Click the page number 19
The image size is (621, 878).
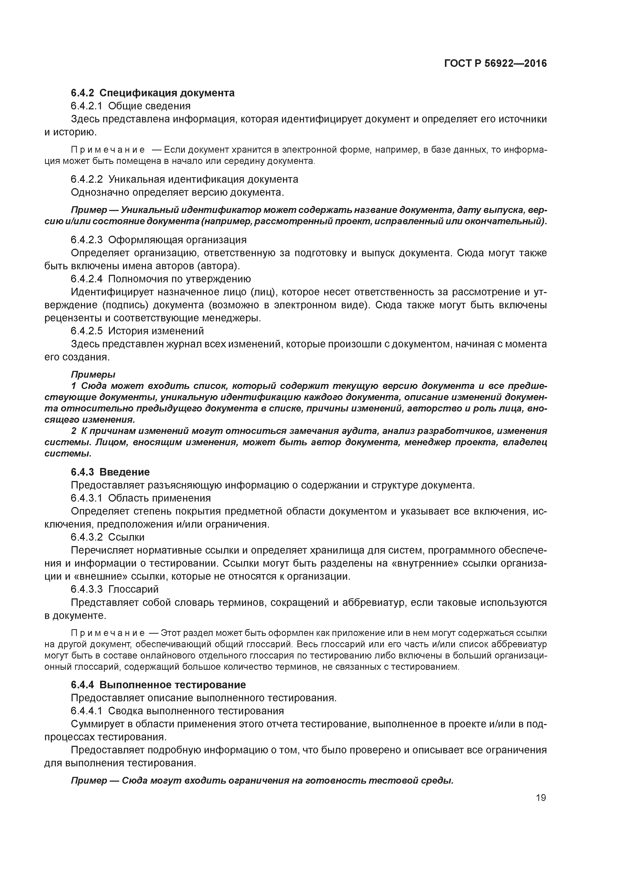coord(541,798)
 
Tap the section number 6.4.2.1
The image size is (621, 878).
coord(86,106)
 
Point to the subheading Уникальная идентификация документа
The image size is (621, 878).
coord(203,179)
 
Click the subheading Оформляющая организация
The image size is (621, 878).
coord(177,240)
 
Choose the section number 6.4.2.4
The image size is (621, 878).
coord(86,279)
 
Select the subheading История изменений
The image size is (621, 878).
coord(156,331)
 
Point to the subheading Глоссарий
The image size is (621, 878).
coord(133,589)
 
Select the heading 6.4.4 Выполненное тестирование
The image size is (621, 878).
coord(159,685)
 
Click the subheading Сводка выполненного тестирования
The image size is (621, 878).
coord(196,711)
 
